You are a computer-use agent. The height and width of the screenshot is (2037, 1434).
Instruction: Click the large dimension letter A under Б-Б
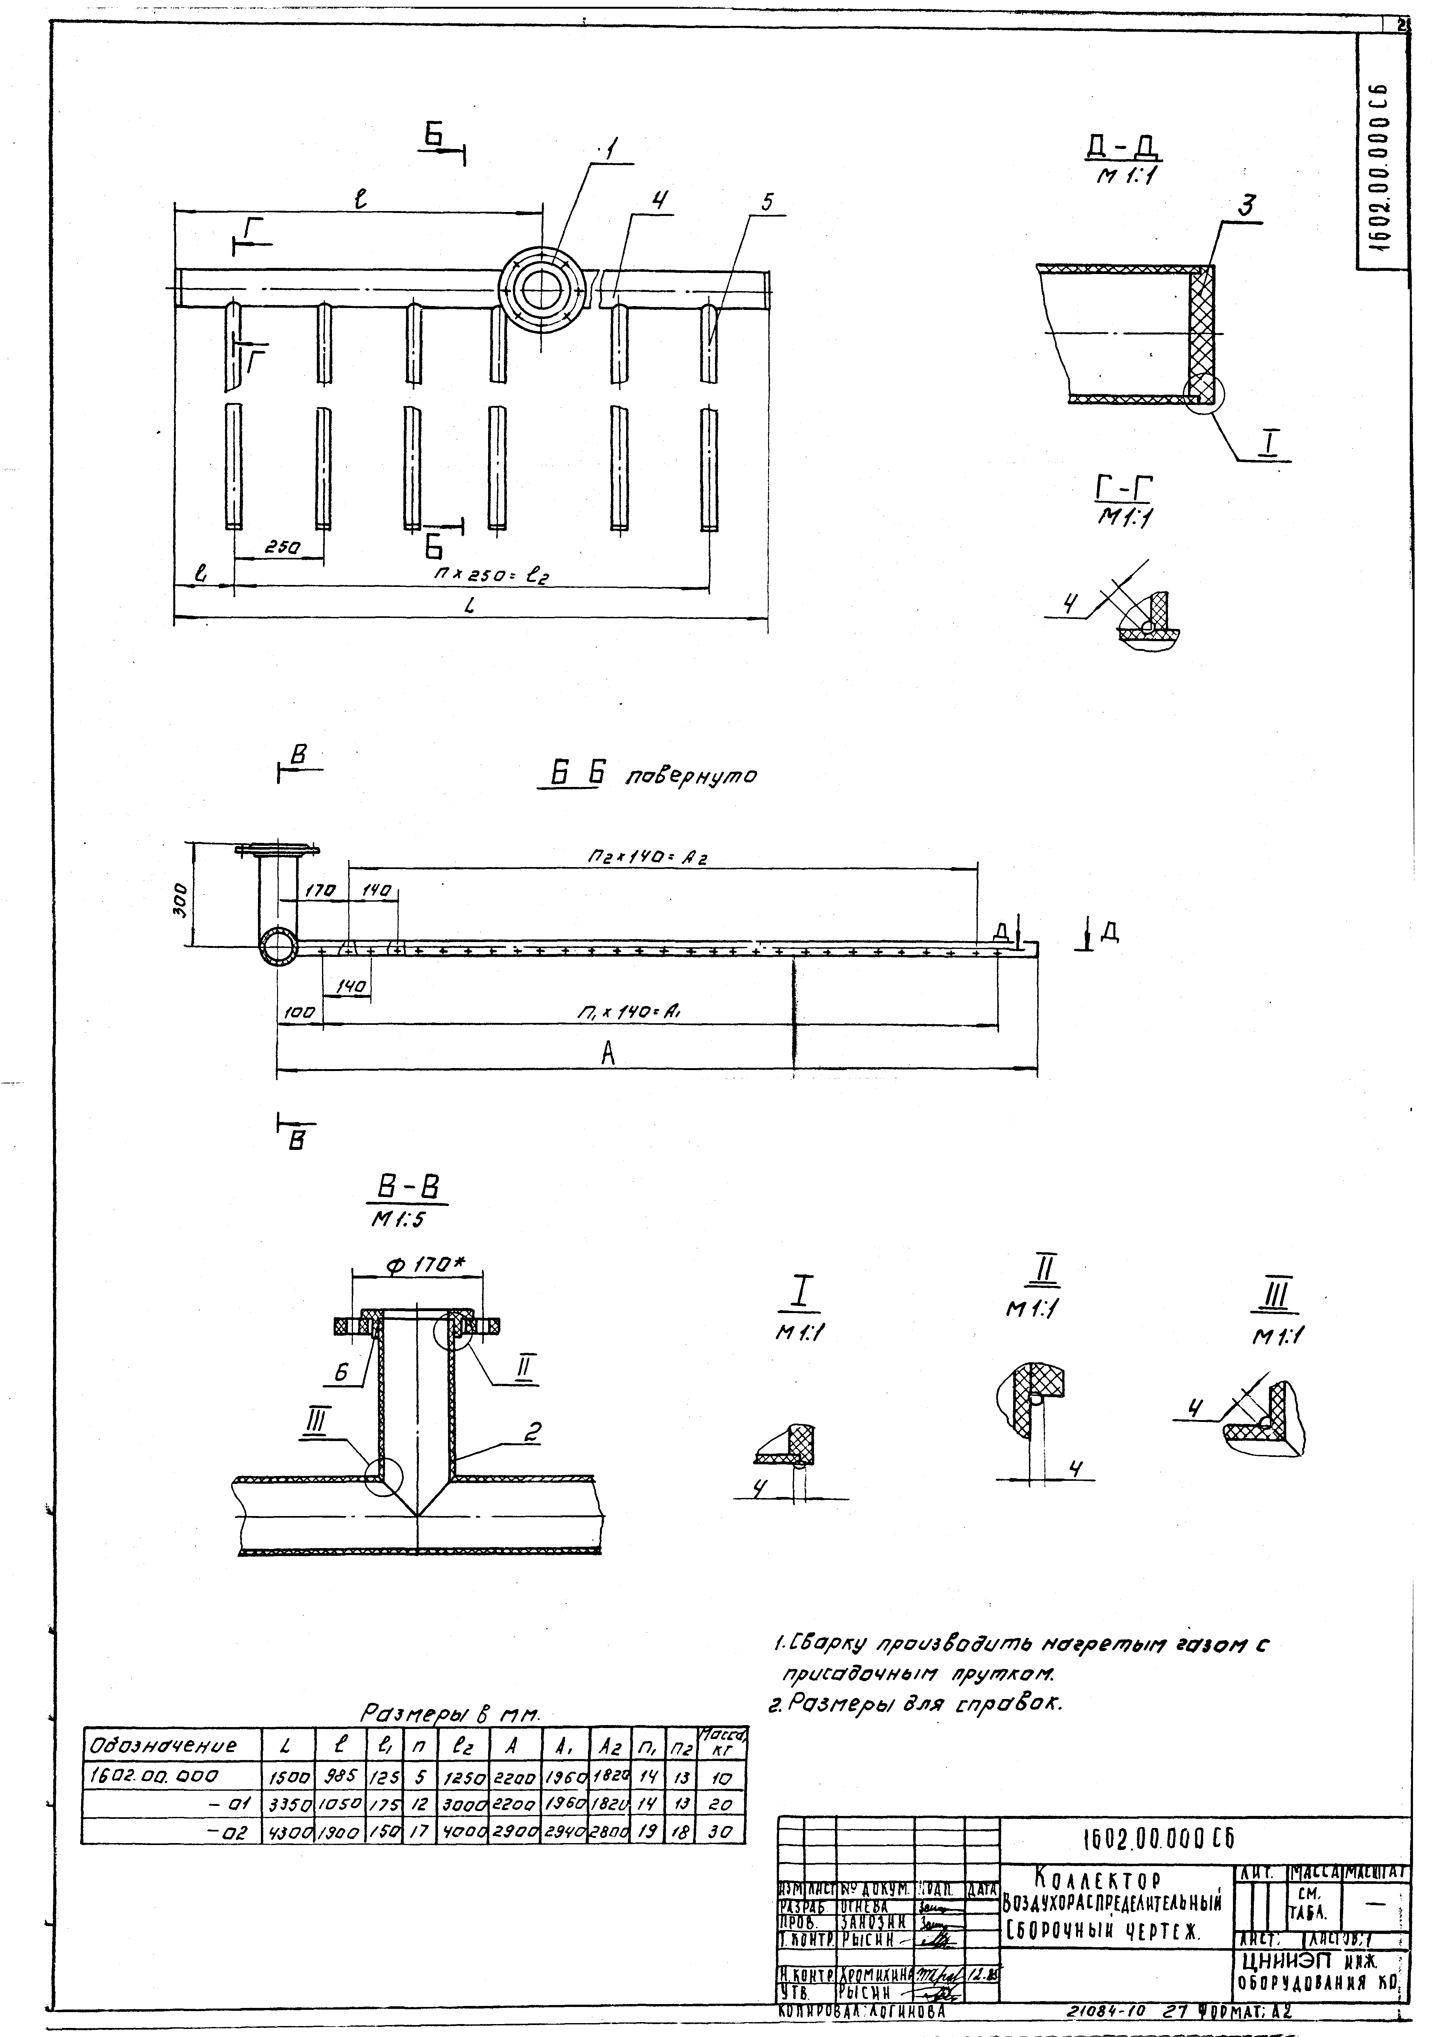608,1053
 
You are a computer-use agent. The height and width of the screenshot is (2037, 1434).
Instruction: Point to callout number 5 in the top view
766,202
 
